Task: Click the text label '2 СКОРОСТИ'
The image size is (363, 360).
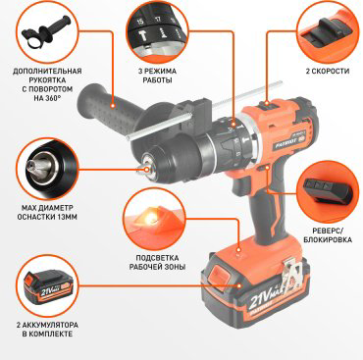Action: point(328,71)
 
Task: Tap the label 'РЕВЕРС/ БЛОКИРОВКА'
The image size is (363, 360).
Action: point(328,235)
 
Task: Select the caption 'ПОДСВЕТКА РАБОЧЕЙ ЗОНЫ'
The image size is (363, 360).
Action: point(157,263)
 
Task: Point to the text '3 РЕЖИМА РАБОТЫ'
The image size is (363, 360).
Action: point(157,76)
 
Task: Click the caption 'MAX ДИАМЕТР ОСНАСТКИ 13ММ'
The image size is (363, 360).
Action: point(47,212)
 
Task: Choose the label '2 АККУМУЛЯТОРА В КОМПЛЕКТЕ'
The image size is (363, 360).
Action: point(47,330)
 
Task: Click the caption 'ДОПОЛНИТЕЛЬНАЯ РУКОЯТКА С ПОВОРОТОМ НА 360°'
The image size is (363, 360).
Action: point(47,84)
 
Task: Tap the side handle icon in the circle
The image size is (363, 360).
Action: point(46,32)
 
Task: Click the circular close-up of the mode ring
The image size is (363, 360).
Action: point(156,32)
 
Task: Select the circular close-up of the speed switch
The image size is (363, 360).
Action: point(328,32)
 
